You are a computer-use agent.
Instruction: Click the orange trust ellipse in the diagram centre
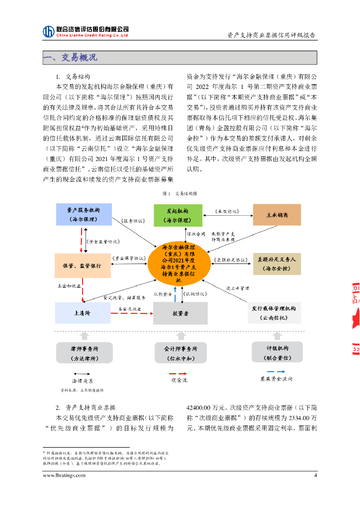tap(178, 264)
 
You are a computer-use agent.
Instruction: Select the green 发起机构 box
tap(178, 215)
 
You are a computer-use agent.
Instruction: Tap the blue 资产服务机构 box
tap(83, 215)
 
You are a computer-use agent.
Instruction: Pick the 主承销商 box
tap(277, 215)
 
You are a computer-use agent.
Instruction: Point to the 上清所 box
tap(83, 313)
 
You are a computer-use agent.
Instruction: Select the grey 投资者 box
tap(180, 314)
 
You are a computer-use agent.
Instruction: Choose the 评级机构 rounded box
tap(277, 352)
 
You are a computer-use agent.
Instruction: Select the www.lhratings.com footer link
tap(64, 475)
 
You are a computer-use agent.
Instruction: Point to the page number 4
tap(315, 475)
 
